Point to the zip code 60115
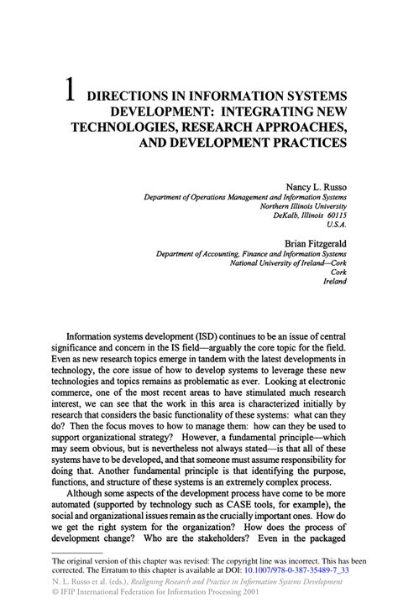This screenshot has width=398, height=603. click(x=333, y=215)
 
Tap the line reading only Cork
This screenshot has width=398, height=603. click(x=338, y=272)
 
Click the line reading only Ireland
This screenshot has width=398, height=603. click(x=334, y=282)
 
